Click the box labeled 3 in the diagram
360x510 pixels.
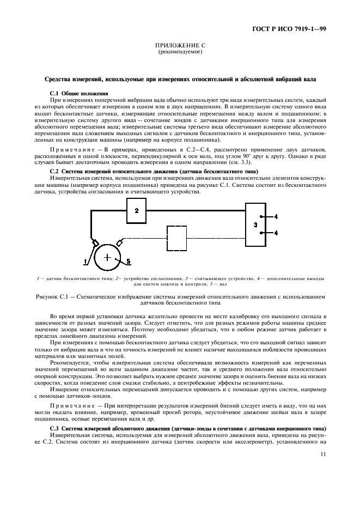point(255,224)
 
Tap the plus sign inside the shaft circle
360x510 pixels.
point(108,257)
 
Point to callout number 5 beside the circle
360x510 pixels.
point(129,262)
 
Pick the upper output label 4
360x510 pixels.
point(276,216)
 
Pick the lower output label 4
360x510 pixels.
point(276,233)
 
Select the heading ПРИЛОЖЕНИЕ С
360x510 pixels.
point(180,46)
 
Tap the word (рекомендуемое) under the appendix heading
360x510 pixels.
point(180,52)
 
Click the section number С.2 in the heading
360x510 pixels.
point(55,172)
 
